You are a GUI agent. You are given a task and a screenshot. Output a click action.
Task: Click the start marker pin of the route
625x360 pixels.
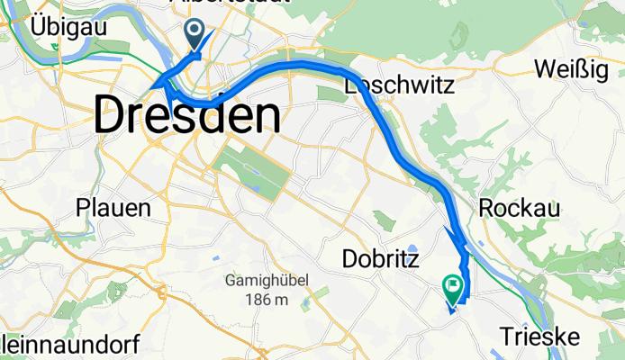click(x=195, y=34)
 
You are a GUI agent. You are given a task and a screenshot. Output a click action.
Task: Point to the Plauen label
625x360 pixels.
click(x=113, y=208)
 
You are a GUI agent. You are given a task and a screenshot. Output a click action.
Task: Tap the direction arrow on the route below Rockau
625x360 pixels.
click(x=457, y=241)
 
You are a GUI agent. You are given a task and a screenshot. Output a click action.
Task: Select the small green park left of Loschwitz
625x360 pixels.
click(x=325, y=94)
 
